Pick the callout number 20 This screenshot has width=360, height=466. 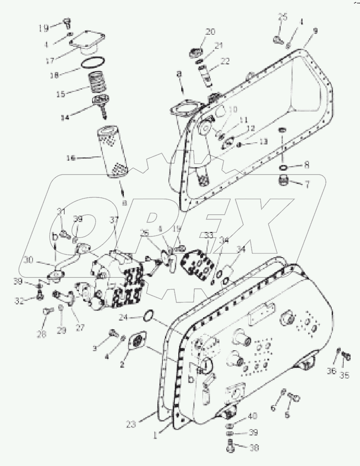(x=210, y=32)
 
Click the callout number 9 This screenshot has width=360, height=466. (x=315, y=31)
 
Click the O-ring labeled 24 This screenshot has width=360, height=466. (x=147, y=316)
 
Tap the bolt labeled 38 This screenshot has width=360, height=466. (x=231, y=448)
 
